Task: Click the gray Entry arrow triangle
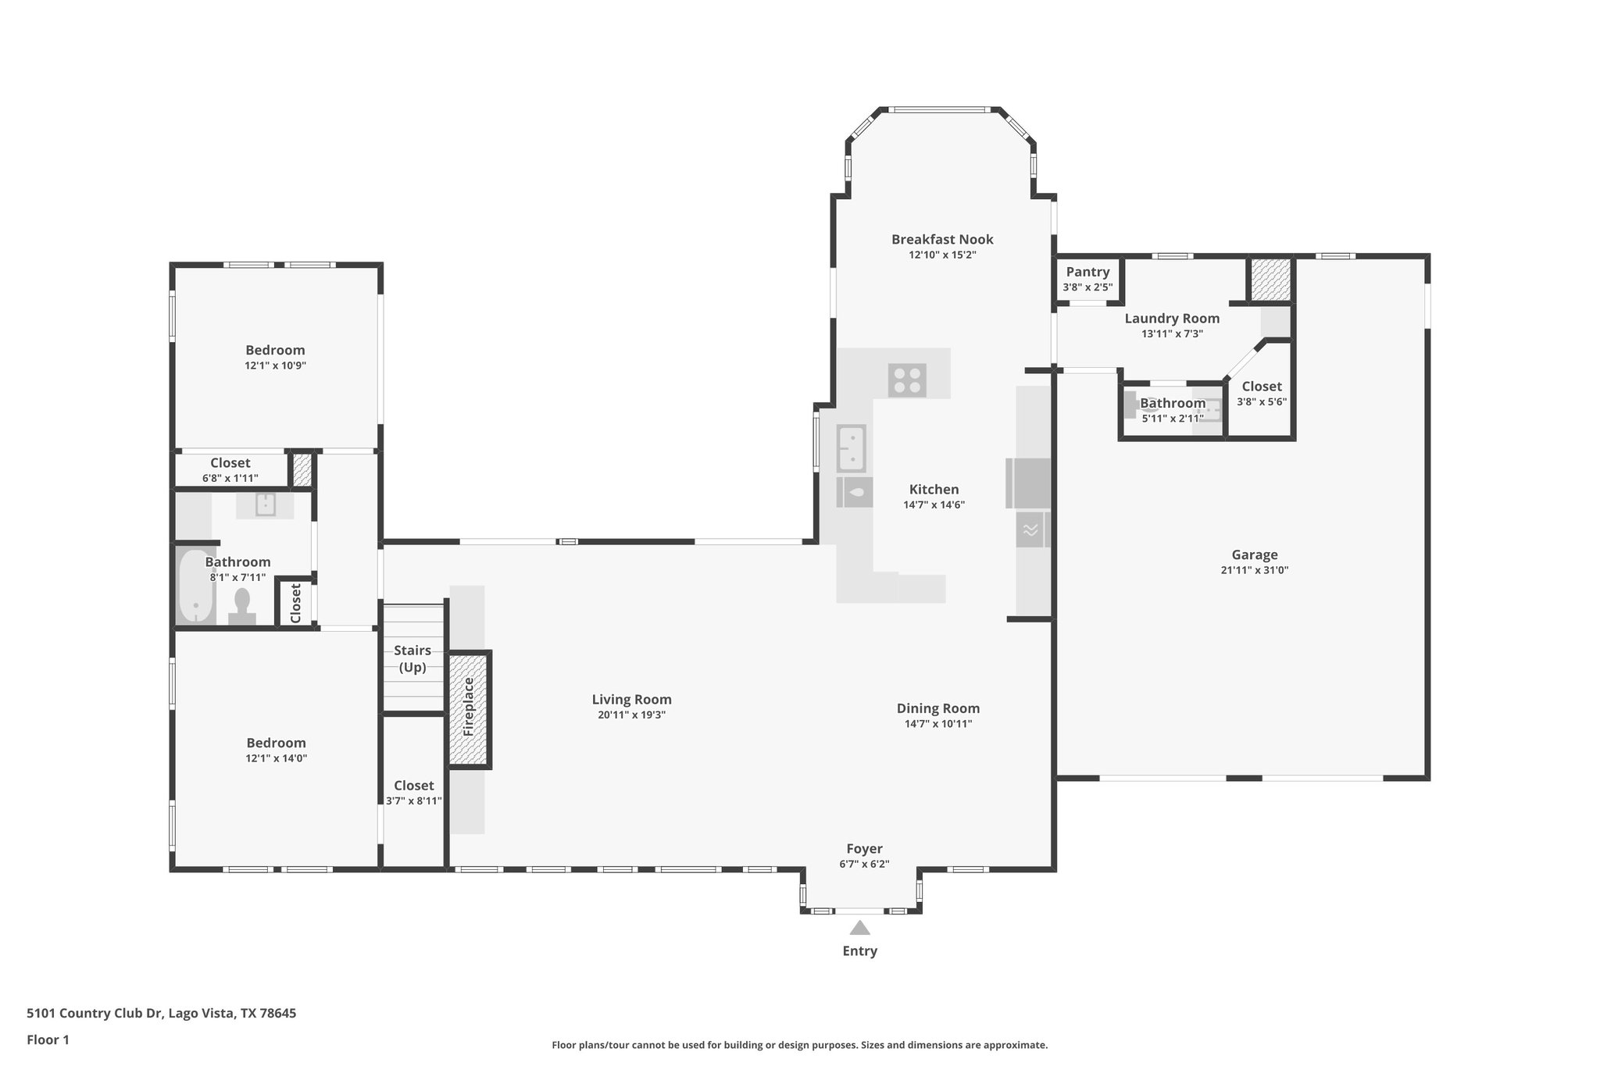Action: coord(859,928)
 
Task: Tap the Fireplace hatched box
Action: coord(469,709)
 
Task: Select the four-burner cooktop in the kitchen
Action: coord(907,380)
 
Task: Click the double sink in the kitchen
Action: coord(851,448)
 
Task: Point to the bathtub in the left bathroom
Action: coord(195,586)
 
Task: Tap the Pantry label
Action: coord(1087,272)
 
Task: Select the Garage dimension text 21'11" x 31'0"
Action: coord(1254,570)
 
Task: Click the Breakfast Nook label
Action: coord(942,239)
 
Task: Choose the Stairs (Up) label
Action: coord(412,658)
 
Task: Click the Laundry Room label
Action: coord(1171,318)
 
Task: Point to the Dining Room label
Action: coord(937,708)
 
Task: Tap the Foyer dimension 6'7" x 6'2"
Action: coord(864,864)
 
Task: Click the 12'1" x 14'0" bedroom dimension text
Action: coord(276,758)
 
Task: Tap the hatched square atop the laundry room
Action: coord(1270,280)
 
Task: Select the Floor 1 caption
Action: coord(48,1039)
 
